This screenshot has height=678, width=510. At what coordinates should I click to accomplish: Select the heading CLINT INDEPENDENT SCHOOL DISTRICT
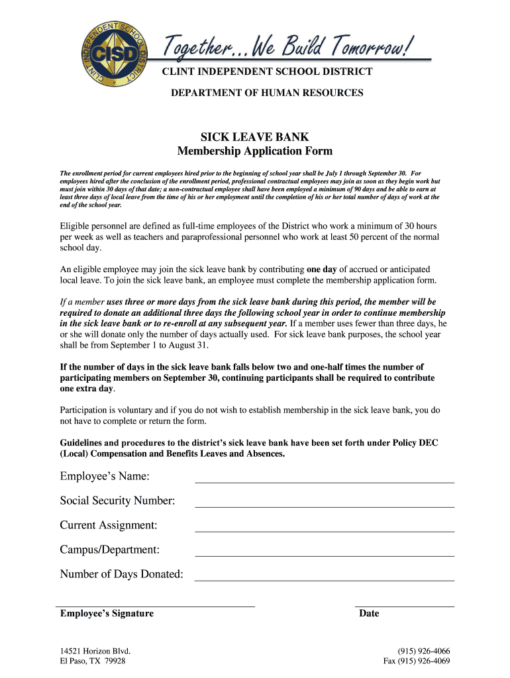tap(268, 72)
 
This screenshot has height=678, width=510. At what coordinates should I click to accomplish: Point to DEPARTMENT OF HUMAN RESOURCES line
tap(268, 93)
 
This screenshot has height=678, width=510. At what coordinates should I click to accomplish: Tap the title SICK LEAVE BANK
tap(255, 138)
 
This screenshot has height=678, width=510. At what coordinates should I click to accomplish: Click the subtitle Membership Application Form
tap(255, 152)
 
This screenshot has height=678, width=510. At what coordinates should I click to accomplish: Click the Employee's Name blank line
tap(325, 482)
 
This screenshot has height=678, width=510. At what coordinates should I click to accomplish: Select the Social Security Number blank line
tap(325, 507)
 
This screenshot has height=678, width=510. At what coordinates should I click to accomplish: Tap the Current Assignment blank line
tap(325, 531)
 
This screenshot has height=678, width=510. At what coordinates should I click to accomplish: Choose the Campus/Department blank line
tap(325, 556)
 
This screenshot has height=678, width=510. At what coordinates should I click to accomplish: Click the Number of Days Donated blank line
tap(325, 580)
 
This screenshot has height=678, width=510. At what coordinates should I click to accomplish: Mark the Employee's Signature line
tap(157, 605)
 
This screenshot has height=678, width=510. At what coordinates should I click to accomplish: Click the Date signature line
tap(405, 605)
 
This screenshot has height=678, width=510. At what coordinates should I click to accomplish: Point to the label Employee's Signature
tap(107, 614)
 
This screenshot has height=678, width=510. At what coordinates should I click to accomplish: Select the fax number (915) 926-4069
tap(417, 661)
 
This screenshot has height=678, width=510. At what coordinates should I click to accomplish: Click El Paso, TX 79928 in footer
tap(93, 661)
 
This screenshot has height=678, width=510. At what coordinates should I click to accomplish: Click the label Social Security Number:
tap(117, 501)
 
